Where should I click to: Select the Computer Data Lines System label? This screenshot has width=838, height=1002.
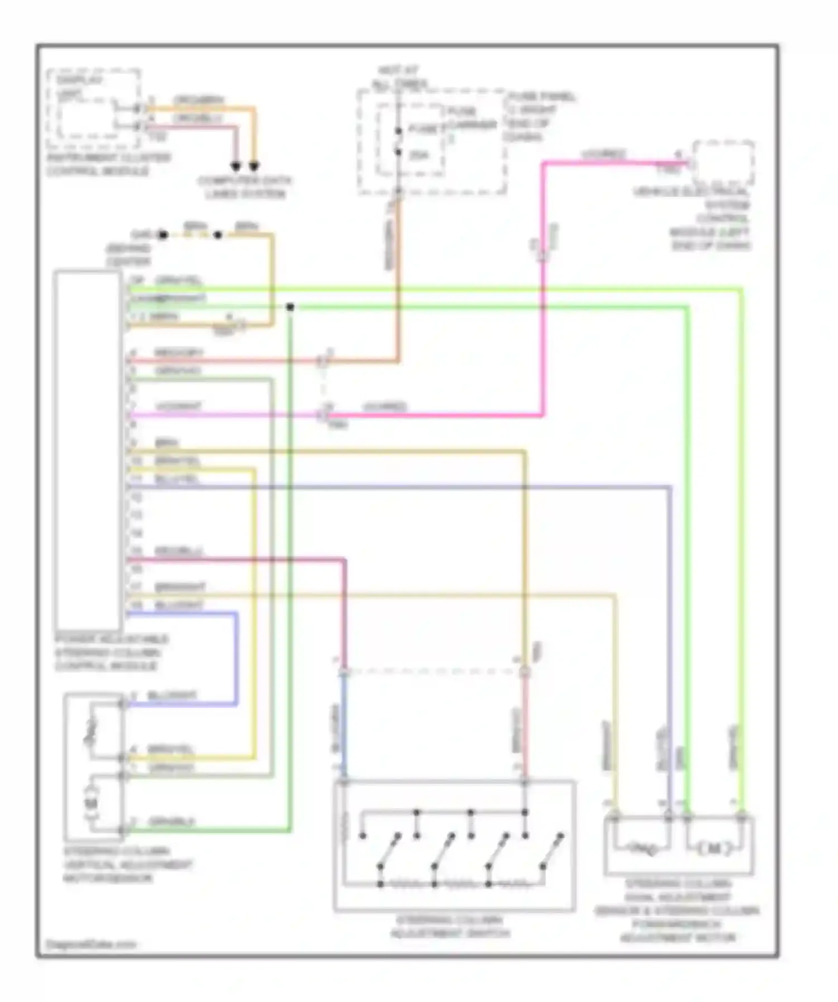click(245, 188)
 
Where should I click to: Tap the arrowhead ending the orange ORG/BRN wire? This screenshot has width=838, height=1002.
click(254, 166)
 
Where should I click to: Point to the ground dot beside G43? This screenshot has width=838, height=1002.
click(163, 235)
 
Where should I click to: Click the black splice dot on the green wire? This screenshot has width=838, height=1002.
click(289, 307)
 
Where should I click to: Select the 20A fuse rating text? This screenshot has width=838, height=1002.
click(419, 155)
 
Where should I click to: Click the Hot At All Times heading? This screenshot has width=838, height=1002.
click(399, 78)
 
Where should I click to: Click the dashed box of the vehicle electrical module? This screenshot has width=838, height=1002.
click(723, 164)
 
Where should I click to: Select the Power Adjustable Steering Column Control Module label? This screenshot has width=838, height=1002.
click(111, 653)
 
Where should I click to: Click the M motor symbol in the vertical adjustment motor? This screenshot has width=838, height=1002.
click(91, 803)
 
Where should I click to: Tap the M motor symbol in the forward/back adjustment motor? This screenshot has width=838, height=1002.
click(715, 849)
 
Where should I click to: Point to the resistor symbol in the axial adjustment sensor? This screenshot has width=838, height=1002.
click(641, 849)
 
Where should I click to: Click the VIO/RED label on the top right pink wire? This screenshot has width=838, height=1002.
click(603, 154)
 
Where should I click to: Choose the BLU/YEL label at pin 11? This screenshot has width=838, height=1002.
click(177, 479)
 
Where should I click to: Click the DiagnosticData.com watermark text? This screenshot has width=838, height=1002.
click(91, 945)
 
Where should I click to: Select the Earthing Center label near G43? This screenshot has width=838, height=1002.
click(128, 255)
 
